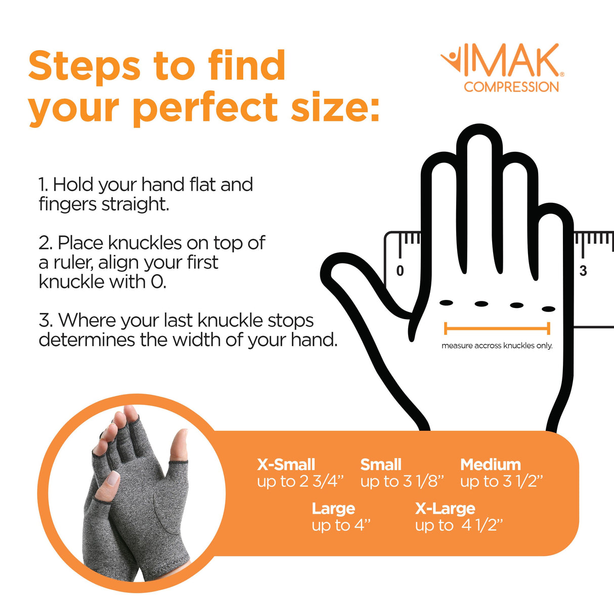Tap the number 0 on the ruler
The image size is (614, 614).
400,271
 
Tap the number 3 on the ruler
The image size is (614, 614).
583,271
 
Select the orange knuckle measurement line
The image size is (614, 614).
497,329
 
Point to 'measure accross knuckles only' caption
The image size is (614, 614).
497,346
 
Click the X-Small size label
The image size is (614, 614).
286,464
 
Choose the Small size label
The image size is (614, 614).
381,464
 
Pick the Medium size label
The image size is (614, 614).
491,464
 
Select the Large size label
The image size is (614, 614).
333,508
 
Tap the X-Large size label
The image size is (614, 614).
445,508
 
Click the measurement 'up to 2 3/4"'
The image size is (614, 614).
300,481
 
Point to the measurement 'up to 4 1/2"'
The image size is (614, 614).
459,525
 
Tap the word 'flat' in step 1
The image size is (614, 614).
203,185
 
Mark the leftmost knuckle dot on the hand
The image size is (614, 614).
446,303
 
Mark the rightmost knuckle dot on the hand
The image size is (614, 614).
548,309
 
